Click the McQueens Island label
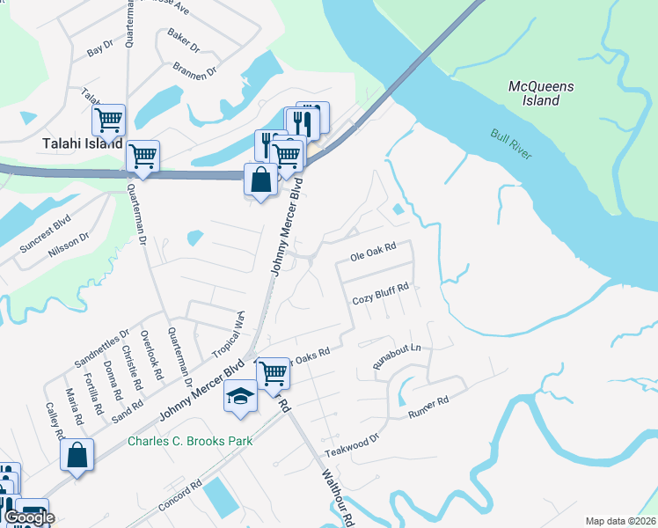[541, 93]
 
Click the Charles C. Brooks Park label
[190, 441]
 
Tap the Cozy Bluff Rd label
[381, 294]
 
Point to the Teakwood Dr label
[351, 442]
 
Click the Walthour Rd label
[336, 497]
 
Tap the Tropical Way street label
[227, 335]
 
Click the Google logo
[29, 517]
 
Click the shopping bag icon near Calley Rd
[77, 456]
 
